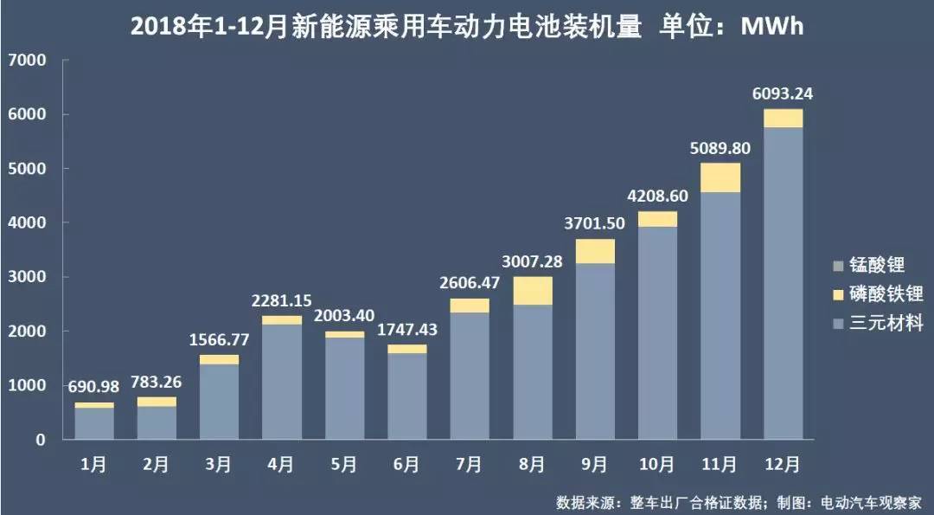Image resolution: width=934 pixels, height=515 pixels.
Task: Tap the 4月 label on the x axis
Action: [281, 465]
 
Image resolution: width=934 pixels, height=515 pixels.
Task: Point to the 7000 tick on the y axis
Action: [29, 61]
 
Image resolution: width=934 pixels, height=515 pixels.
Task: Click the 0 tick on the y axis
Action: [40, 440]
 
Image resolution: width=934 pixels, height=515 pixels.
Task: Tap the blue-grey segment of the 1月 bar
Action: [94, 423]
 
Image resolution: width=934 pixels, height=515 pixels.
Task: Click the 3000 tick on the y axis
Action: [29, 277]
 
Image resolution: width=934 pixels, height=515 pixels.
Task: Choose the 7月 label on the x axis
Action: [468, 465]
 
